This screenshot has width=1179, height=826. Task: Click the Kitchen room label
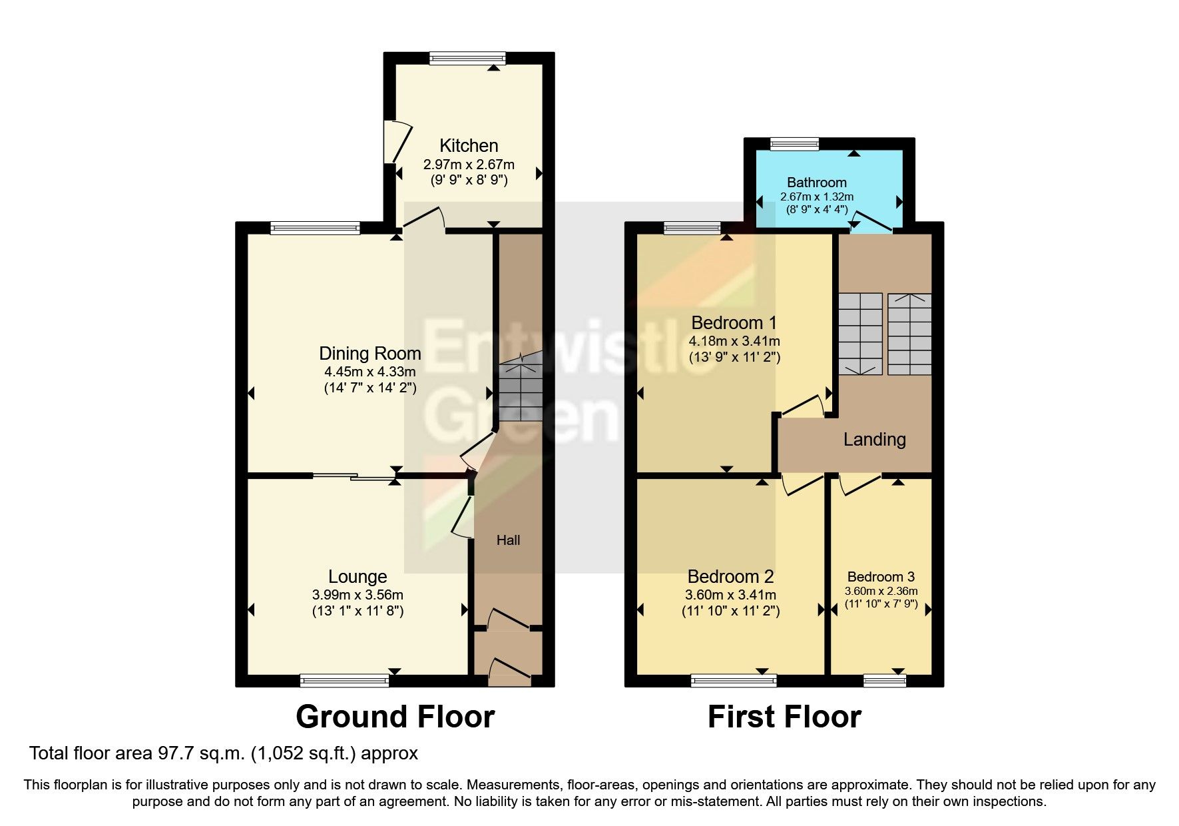[469, 145]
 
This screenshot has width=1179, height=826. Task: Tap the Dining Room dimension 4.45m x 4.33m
[369, 372]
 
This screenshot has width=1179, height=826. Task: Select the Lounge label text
[357, 576]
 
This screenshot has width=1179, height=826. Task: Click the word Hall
[508, 540]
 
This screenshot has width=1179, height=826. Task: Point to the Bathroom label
[816, 182]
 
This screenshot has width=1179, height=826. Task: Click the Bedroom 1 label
[734, 323]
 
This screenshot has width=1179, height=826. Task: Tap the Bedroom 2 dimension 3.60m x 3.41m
[730, 595]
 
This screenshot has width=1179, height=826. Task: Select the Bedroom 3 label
[881, 577]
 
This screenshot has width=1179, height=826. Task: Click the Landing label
[874, 440]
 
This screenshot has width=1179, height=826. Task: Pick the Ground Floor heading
[395, 717]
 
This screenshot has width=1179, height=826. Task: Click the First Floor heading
[784, 717]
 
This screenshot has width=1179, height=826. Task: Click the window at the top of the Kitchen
[467, 59]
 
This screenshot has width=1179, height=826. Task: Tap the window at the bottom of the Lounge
[344, 680]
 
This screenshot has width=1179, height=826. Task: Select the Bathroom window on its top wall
[794, 143]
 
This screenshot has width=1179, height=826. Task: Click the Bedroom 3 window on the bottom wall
[885, 680]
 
